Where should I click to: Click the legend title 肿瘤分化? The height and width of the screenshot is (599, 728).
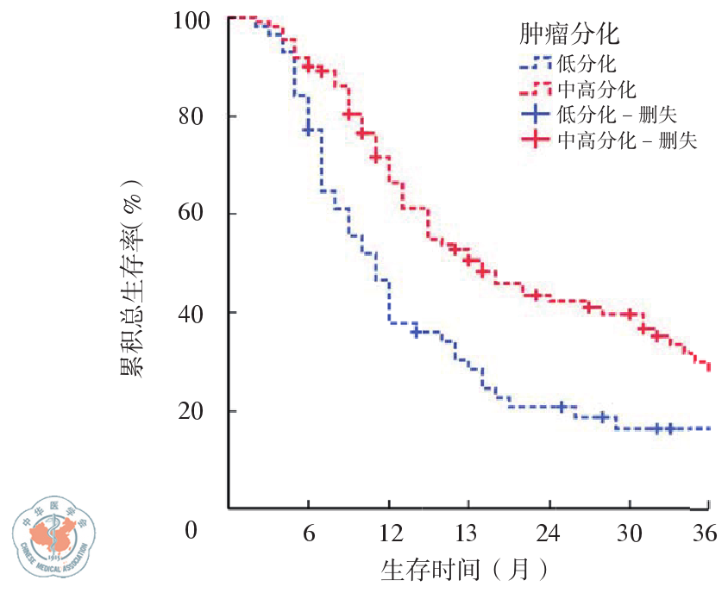coord(571,34)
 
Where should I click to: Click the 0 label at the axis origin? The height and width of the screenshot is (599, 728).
coord(191,529)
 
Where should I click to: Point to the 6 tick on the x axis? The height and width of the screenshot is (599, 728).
coord(308,533)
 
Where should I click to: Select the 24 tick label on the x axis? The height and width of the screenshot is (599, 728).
coord(549,533)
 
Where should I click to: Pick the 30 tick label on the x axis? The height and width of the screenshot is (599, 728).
coord(629,533)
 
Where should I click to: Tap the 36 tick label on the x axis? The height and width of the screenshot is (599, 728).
coord(706,533)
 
